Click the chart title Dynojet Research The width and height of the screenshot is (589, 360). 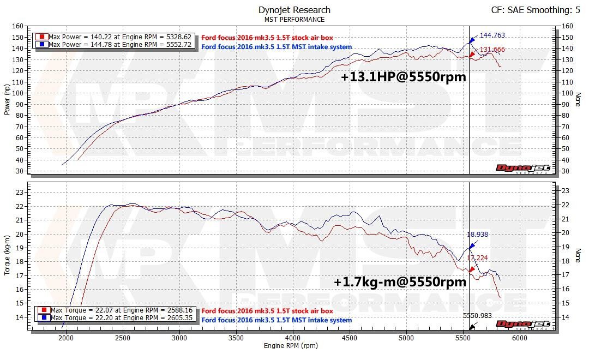click(294, 10)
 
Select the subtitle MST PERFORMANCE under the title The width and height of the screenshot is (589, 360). click(294, 20)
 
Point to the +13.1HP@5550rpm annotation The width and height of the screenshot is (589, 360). click(404, 77)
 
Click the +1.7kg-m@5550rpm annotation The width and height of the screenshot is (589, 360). click(400, 282)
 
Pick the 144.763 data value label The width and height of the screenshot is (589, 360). click(492, 35)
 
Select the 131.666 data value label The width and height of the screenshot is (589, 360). click(492, 50)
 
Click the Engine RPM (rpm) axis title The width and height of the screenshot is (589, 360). click(291, 346)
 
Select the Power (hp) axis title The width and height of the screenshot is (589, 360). click(7, 99)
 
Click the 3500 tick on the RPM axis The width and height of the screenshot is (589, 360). click(236, 338)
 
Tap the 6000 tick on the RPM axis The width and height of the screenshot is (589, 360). click(520, 338)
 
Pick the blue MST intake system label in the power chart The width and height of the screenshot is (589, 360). click(277, 47)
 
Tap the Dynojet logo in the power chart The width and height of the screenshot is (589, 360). click(522, 168)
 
